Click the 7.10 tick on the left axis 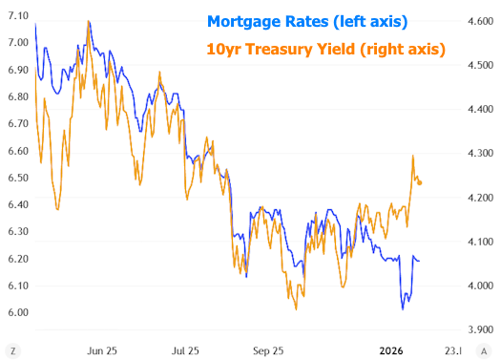point(17,16)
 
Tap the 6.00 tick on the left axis point(17,312)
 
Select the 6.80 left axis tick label point(17,96)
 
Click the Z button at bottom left point(11,350)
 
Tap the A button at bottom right point(490,350)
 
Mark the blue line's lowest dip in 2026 point(403,308)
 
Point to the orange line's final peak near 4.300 point(413,156)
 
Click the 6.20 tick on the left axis point(17,259)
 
